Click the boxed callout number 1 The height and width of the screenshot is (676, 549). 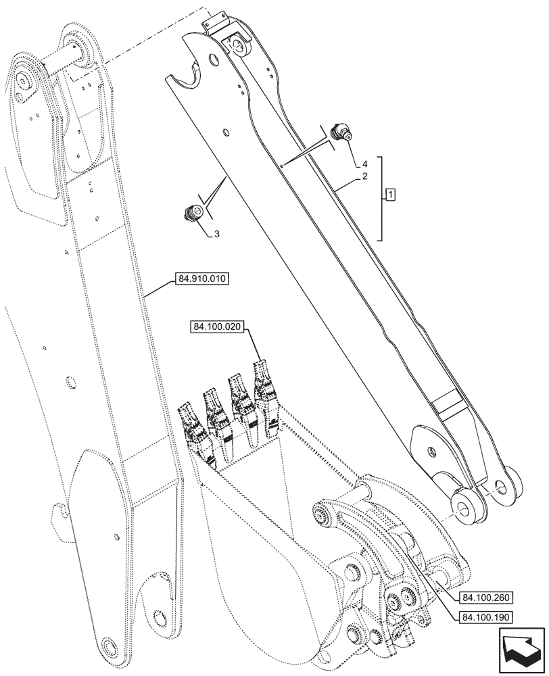coord(391,195)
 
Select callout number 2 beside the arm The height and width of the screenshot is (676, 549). coord(364,176)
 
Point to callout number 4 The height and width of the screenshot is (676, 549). coord(364,163)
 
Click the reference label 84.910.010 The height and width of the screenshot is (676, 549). coord(201,278)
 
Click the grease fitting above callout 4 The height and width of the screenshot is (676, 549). coord(341,132)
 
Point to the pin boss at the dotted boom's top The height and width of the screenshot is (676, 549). coord(76,47)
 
